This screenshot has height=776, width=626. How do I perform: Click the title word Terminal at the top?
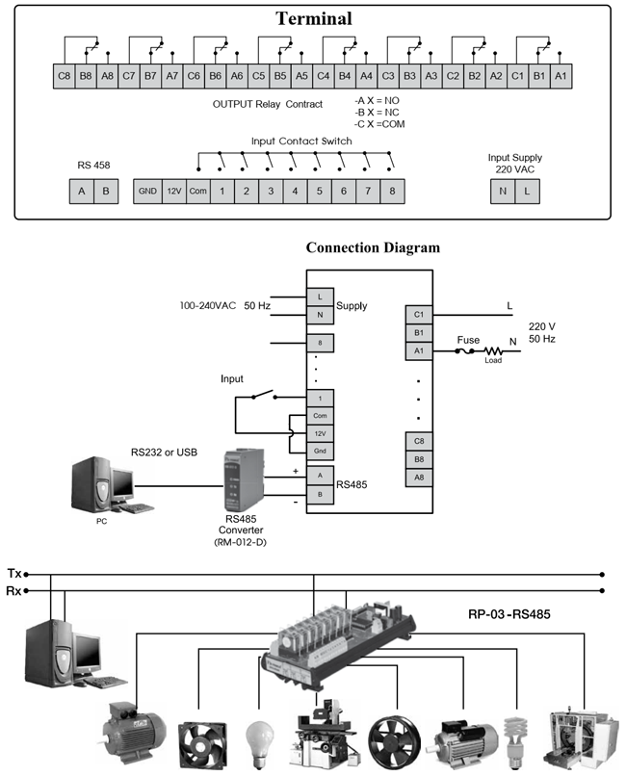[x=314, y=18]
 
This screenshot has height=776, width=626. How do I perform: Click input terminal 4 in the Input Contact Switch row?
[x=295, y=191]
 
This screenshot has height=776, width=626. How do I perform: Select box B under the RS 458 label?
[x=106, y=191]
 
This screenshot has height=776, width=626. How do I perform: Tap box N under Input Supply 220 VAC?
[x=503, y=191]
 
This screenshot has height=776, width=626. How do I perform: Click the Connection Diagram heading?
[x=373, y=247]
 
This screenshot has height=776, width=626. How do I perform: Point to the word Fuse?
[x=468, y=340]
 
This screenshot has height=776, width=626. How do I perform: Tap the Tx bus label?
[x=14, y=573]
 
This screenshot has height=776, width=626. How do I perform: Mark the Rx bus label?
[x=14, y=590]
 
